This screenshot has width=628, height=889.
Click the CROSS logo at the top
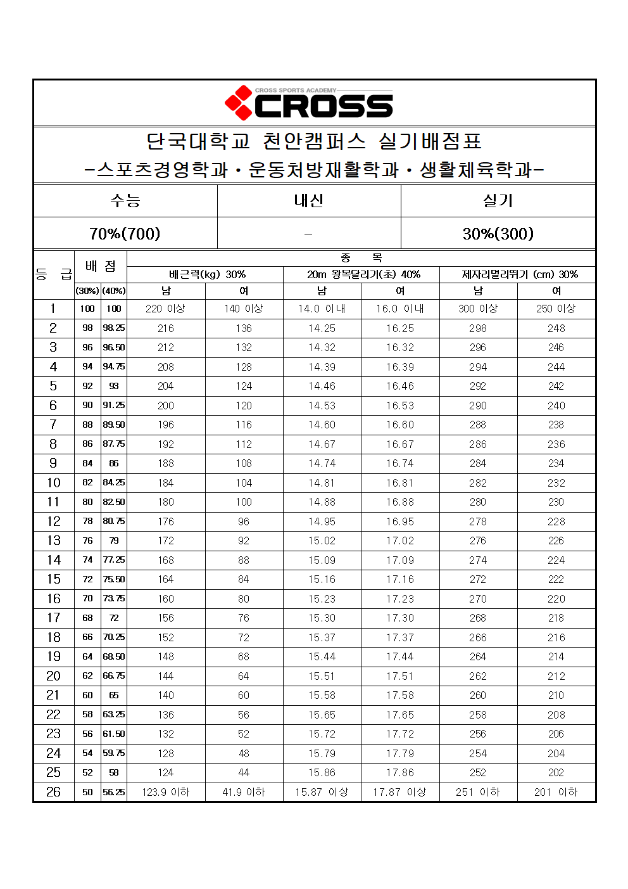pos(309,103)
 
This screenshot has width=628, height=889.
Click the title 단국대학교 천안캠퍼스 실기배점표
pos(314,141)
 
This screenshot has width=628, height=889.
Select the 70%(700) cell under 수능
pos(125,234)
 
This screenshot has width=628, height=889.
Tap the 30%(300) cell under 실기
pos(498,234)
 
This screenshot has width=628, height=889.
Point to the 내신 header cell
pos(309,201)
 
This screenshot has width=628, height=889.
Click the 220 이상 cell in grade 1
pos(165,309)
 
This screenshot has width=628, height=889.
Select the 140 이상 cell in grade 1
pos(244,309)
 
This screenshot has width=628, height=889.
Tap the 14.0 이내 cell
pos(322,309)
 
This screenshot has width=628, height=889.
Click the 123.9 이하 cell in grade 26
pos(165,792)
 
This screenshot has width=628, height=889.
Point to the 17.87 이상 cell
pos(399,792)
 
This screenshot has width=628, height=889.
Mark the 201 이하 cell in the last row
pos(556,792)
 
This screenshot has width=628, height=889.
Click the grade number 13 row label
pos(54,540)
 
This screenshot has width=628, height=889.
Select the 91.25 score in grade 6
pos(114,406)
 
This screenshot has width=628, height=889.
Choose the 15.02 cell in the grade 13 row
pos(322,540)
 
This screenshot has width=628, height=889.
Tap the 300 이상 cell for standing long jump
pos(478,309)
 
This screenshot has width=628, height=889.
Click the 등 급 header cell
pos(54,274)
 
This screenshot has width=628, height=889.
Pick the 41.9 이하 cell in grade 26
pos(244,792)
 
